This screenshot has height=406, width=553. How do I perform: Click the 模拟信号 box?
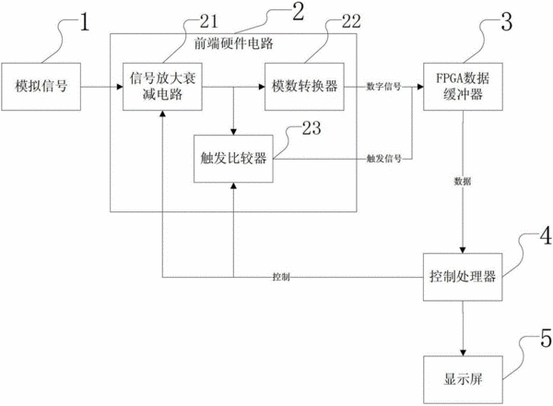pos(41,87)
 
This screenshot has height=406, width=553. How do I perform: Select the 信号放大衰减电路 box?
pos(162,87)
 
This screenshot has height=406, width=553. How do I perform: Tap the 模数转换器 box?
pos(304,87)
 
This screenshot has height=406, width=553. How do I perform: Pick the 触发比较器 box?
pos(233,159)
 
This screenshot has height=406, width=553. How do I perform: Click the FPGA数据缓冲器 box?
pos(463,87)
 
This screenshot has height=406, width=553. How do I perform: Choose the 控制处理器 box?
pos(463,277)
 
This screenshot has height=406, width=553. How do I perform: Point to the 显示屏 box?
pos(463,379)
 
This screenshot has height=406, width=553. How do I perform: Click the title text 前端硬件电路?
pos(234,43)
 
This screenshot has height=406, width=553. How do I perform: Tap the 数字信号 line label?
pos(383,87)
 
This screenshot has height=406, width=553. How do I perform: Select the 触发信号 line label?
pos(384,159)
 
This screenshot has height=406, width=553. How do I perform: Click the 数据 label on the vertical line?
pos(463,182)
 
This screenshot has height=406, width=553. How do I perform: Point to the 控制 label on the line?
pos(281,277)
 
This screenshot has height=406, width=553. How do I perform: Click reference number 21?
pos(209,21)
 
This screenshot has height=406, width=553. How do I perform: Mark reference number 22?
pos(351,21)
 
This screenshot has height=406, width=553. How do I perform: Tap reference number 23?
pos(312,128)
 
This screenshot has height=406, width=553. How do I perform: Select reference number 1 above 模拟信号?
pos(84,22)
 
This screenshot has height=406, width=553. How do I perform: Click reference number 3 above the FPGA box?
pos(506,22)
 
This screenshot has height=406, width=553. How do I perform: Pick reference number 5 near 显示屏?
pos(546,338)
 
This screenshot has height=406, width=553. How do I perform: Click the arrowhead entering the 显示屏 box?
pos(463,353)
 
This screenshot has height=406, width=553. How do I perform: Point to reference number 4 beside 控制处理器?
pos(546,235)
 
